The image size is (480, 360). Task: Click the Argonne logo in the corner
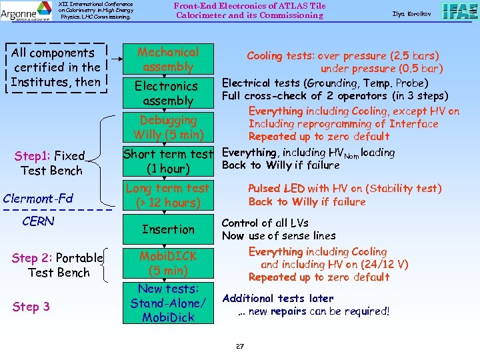pyautogui.click(x=26, y=10)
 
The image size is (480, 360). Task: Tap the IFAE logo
pyautogui.click(x=459, y=12)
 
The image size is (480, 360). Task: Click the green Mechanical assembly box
pyautogui.click(x=168, y=59)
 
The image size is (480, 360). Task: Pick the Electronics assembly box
pyautogui.click(x=167, y=93)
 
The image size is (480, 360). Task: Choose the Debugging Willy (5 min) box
pyautogui.click(x=168, y=127)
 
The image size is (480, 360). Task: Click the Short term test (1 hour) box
pyautogui.click(x=168, y=161)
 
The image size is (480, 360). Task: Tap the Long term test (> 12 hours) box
pyautogui.click(x=168, y=195)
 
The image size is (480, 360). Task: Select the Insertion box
pyautogui.click(x=168, y=229)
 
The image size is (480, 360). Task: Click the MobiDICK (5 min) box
pyautogui.click(x=168, y=263)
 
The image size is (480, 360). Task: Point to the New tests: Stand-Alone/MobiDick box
pyautogui.click(x=168, y=303)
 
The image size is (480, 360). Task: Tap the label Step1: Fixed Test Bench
pyautogui.click(x=51, y=163)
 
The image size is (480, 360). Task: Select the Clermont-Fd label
pyautogui.click(x=38, y=198)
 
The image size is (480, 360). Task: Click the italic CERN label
pyautogui.click(x=39, y=221)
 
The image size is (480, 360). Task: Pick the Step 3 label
pyautogui.click(x=31, y=307)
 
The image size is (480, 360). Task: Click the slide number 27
pyautogui.click(x=240, y=346)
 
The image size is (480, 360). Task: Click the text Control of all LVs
pyautogui.click(x=265, y=223)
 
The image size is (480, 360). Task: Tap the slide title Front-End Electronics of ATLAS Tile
pyautogui.click(x=249, y=6)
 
